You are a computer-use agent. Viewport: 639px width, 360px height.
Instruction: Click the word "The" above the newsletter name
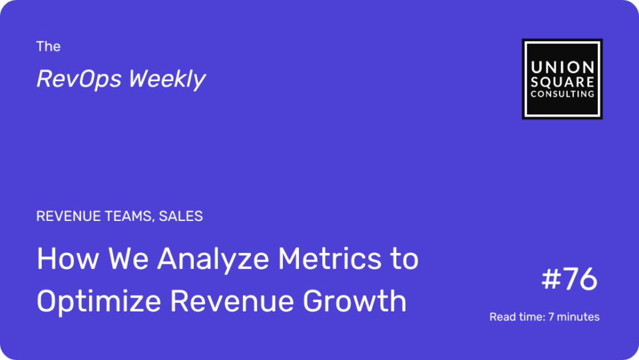click(x=48, y=47)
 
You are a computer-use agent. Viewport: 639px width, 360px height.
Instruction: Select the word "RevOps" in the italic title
click(x=79, y=79)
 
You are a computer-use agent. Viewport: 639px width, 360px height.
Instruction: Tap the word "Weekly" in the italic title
click(x=167, y=79)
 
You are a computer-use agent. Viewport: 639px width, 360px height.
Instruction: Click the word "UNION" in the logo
click(x=562, y=67)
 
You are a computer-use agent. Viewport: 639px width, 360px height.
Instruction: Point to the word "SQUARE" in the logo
click(x=562, y=82)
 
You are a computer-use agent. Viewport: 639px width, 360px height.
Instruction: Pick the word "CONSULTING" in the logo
click(x=562, y=94)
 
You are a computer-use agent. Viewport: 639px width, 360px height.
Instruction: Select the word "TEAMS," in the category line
click(x=130, y=216)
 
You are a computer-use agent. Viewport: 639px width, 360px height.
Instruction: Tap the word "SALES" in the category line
click(x=181, y=216)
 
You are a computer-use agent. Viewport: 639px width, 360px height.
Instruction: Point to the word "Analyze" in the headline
click(x=213, y=260)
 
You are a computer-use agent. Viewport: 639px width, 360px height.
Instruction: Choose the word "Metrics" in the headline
click(x=329, y=259)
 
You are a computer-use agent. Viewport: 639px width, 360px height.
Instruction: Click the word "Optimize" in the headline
click(x=99, y=302)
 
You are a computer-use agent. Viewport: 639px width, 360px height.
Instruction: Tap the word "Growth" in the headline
click(x=355, y=301)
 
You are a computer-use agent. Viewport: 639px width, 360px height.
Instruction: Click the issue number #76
click(x=569, y=279)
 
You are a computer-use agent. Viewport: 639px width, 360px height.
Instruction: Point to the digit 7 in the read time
click(x=551, y=317)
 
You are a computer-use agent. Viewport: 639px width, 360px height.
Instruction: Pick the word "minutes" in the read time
click(x=578, y=317)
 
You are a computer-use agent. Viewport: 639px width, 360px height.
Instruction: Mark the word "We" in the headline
click(x=128, y=259)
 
